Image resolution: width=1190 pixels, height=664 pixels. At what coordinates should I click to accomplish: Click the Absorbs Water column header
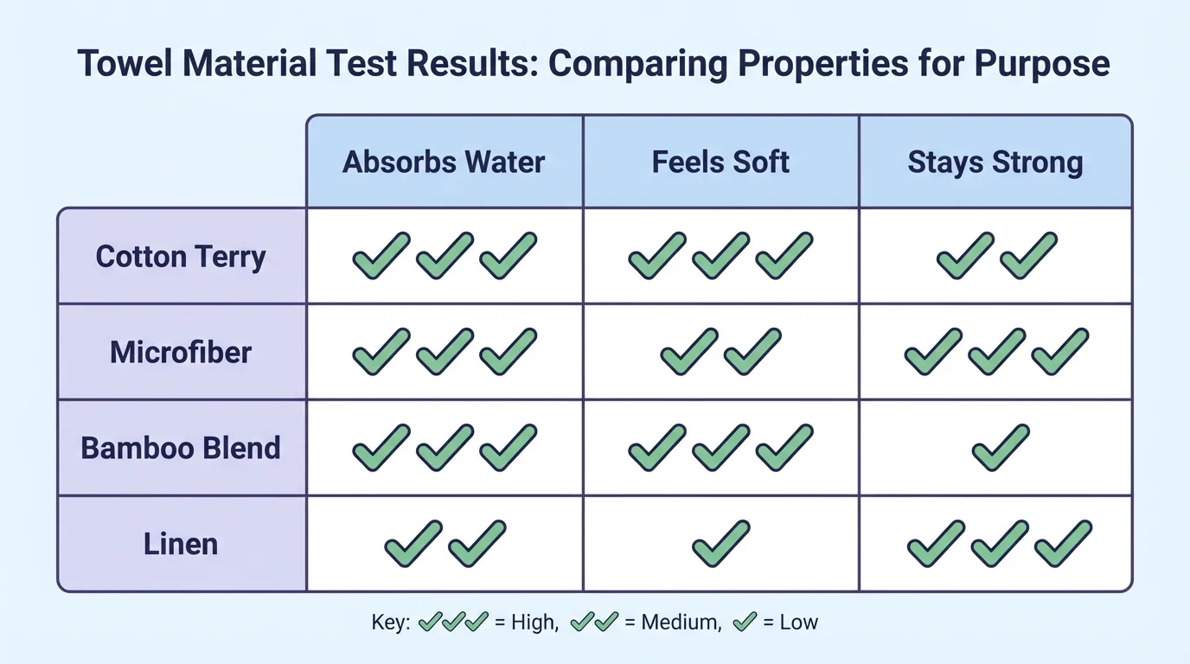point(444,163)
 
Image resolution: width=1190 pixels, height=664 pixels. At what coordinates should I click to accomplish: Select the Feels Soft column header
point(720,163)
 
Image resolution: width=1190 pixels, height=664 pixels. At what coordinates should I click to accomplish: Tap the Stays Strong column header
point(995,163)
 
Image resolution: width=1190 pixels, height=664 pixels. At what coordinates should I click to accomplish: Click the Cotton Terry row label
point(181,257)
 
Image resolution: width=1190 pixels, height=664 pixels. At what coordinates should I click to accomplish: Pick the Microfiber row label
point(181,353)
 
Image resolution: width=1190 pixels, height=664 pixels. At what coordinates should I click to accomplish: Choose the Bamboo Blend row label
point(181,448)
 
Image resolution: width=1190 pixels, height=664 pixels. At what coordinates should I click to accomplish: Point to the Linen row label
point(181,544)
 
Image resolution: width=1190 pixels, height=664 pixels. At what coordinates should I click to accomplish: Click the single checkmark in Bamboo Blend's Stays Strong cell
point(1001,448)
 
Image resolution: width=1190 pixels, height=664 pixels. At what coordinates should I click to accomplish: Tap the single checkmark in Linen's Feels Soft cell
point(721,544)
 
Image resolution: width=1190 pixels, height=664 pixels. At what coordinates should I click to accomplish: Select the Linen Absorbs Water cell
point(445,544)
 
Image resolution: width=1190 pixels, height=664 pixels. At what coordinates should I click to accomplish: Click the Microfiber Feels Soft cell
point(721,353)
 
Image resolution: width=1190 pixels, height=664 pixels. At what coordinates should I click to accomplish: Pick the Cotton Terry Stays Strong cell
point(996,257)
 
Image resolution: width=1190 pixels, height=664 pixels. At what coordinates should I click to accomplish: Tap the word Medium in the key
point(681,622)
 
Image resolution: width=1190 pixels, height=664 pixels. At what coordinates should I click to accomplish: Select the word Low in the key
point(798,622)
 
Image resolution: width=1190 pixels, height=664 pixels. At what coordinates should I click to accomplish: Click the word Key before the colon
point(389,622)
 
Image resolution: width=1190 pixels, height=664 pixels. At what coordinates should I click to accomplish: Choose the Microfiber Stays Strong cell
point(996,353)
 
